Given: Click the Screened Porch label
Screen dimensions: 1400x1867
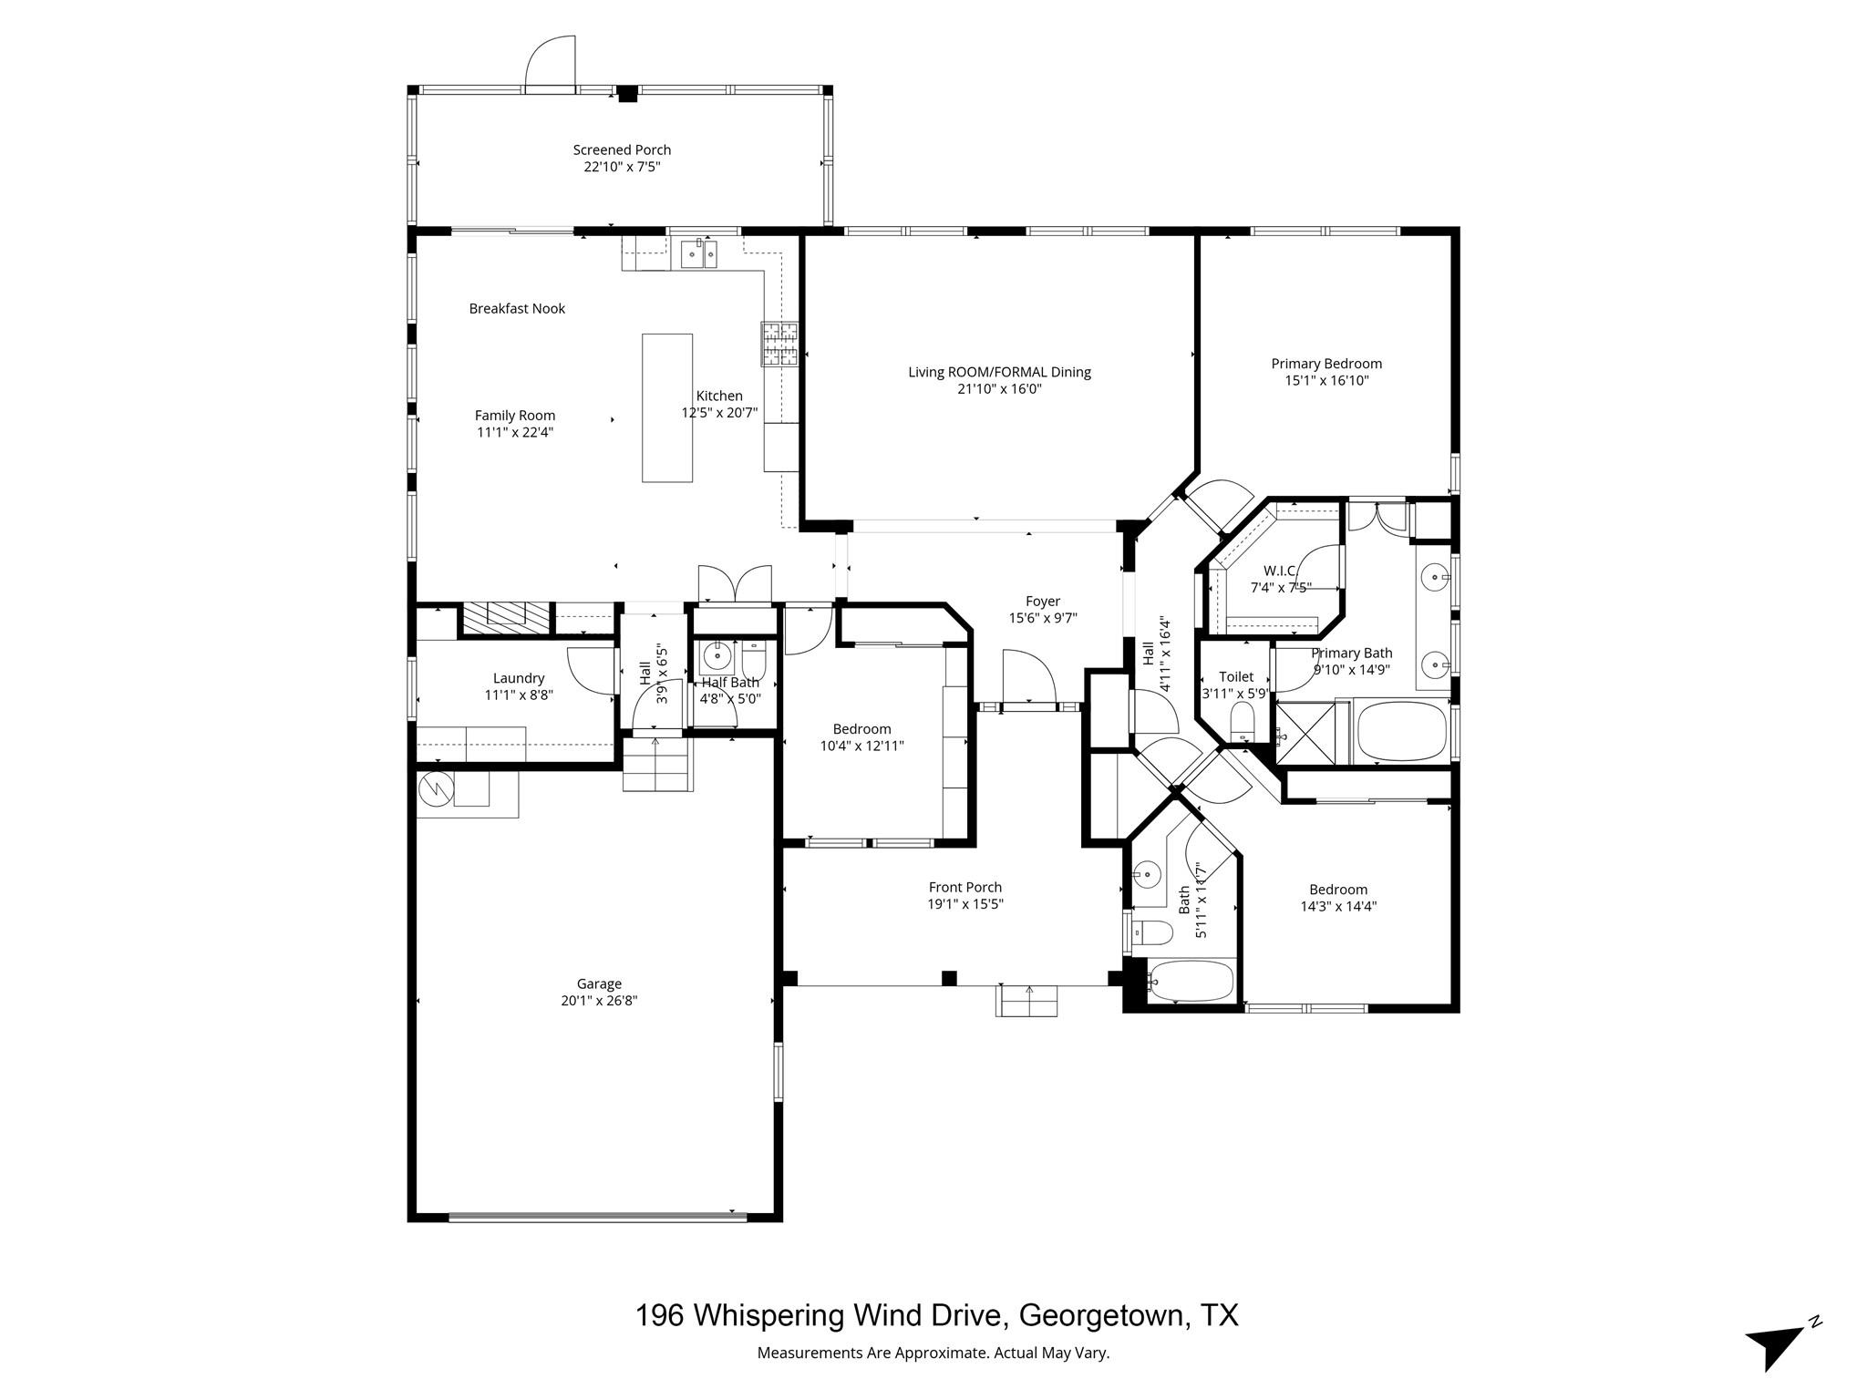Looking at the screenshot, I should pos(622,149).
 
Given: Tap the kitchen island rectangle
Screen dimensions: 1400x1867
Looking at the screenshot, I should pos(666,407).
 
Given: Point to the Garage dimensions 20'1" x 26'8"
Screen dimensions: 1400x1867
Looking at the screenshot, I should pos(599,1001).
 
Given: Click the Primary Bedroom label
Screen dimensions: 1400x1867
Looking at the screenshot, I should pos(1326,364).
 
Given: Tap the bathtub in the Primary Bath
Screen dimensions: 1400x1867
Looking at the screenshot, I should pos(1402,732).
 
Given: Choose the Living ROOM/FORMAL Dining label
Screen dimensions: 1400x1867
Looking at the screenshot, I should pos(999,372).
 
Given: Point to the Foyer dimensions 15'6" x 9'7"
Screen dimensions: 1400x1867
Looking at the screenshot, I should pos(1043,618).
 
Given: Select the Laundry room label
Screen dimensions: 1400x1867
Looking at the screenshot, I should pos(519,678).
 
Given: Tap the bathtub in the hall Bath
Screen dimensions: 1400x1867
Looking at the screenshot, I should pos(1191,981).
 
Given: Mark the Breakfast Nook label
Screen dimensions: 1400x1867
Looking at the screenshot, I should pos(517,309).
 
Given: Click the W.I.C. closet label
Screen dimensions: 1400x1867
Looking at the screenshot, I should pos(1279,571).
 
